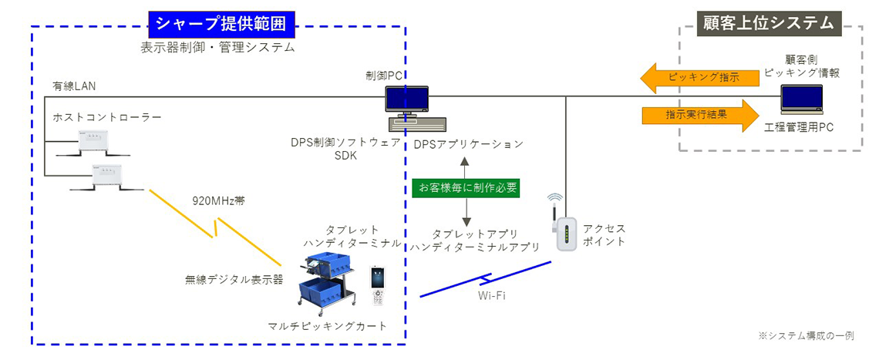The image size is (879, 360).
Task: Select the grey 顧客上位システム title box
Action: click(768, 22)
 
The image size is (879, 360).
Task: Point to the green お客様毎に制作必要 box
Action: click(465, 187)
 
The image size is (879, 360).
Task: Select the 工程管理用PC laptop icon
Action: click(801, 100)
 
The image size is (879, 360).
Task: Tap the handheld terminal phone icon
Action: click(378, 288)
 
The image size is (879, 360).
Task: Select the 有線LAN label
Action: click(74, 86)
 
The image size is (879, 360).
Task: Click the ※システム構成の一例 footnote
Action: click(805, 335)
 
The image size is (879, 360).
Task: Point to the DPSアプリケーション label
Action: click(468, 144)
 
